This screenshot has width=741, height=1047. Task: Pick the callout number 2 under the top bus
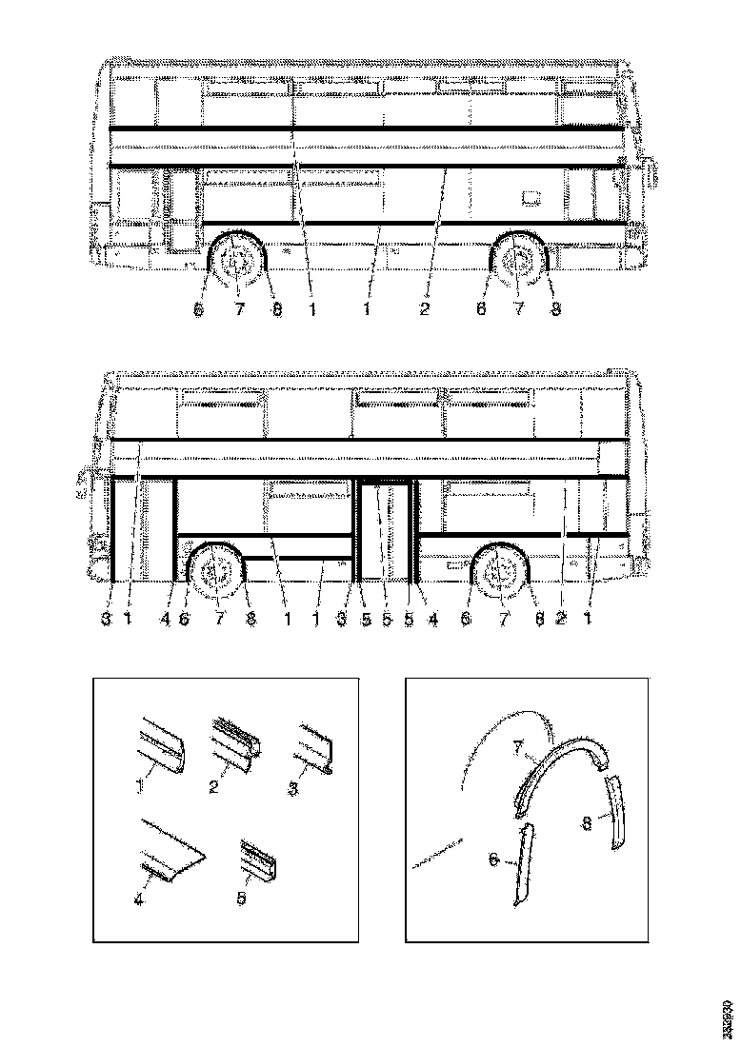tap(425, 309)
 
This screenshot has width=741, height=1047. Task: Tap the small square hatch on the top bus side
tap(531, 198)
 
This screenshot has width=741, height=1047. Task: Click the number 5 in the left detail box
tap(241, 897)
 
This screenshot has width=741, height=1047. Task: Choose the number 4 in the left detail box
tap(140, 896)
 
